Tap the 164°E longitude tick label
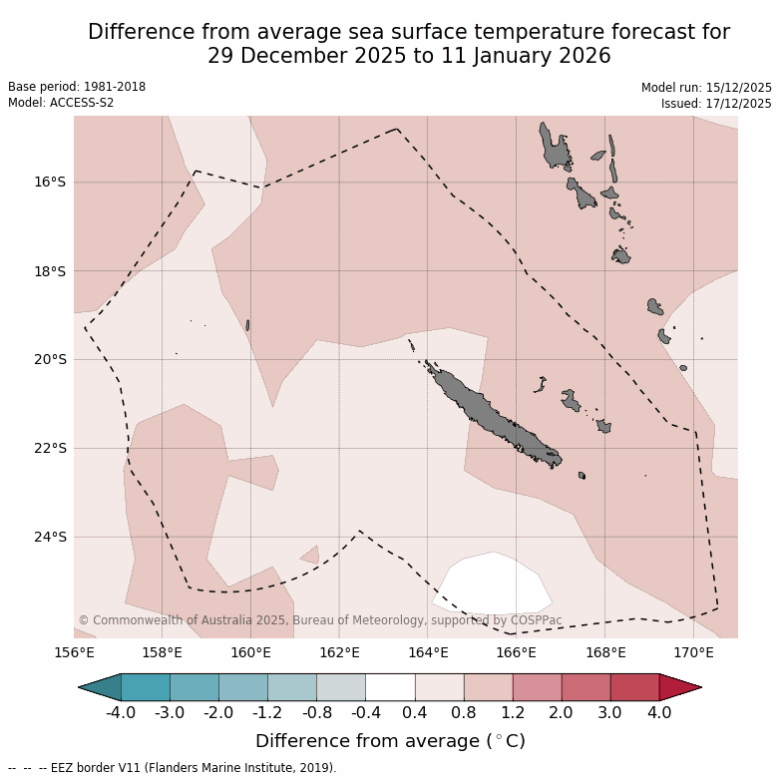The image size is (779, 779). click(428, 653)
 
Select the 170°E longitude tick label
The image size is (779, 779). click(693, 653)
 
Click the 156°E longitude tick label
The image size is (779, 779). click(74, 653)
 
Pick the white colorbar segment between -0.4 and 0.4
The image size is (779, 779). click(390, 687)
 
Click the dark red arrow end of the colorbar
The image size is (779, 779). click(680, 687)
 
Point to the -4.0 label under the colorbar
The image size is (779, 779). click(121, 713)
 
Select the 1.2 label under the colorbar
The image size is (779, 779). click(512, 713)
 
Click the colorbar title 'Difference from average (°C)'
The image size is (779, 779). click(390, 741)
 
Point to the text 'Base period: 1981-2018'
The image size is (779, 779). click(77, 87)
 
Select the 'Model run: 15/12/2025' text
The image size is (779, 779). click(706, 88)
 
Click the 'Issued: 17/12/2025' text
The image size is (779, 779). click(716, 103)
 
